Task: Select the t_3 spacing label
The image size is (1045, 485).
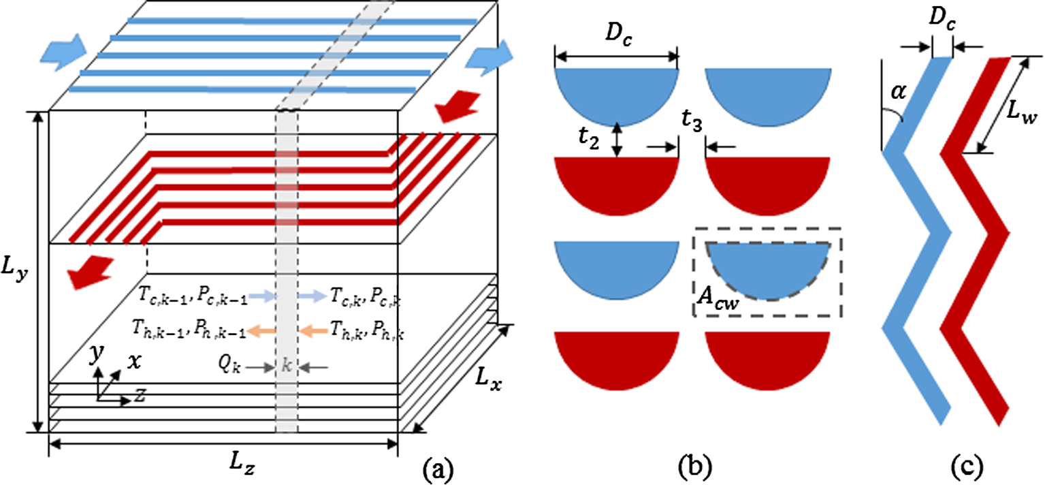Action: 692,121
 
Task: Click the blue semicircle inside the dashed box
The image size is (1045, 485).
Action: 768,268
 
